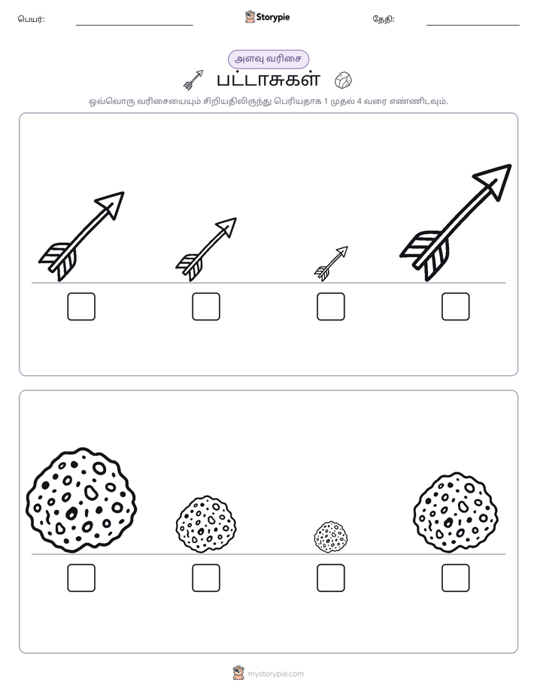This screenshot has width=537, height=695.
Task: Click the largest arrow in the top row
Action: point(456,223)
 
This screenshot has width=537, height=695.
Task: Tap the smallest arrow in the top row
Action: point(331,264)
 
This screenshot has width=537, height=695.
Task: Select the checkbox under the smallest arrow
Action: point(330,306)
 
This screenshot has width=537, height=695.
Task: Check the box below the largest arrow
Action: point(456,306)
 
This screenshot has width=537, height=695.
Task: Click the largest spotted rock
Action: point(81,500)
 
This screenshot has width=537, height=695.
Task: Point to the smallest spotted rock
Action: point(331,537)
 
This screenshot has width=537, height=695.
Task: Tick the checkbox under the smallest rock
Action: point(330,578)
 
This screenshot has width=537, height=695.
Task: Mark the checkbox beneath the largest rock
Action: point(81,578)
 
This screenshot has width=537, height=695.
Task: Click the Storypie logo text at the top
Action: point(273,17)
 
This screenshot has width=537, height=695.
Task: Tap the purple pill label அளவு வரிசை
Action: point(268,59)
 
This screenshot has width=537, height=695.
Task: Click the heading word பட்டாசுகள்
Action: point(268,80)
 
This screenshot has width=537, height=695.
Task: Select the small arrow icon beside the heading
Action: point(193,80)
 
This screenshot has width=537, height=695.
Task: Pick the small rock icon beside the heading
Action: point(344,80)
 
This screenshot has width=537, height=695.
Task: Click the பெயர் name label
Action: point(31,19)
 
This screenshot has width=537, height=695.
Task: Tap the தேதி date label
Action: point(384,19)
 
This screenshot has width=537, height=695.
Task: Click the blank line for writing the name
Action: point(134,26)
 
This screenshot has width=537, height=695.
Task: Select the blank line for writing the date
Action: point(473,26)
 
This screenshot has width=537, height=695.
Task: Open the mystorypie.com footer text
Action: point(275,674)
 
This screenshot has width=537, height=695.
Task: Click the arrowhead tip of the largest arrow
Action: point(511,165)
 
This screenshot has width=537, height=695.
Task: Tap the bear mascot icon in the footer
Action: point(238,673)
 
